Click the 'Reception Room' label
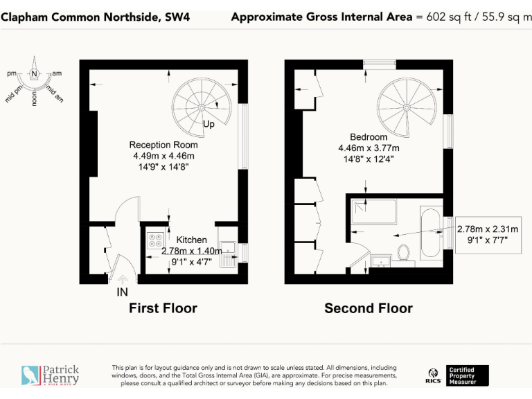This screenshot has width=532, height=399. (163, 145)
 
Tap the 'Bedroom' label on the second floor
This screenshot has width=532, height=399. (368, 136)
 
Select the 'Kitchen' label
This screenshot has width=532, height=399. (191, 240)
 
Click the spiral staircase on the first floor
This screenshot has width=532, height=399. (200, 107)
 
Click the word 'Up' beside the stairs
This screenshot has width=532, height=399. (209, 125)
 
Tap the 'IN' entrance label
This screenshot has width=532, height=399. (122, 292)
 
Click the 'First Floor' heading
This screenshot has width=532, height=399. (163, 308)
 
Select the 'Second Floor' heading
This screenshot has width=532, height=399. (369, 308)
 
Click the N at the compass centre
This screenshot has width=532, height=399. (34, 74)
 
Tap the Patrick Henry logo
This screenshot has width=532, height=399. (51, 375)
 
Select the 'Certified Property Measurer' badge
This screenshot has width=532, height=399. (468, 375)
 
